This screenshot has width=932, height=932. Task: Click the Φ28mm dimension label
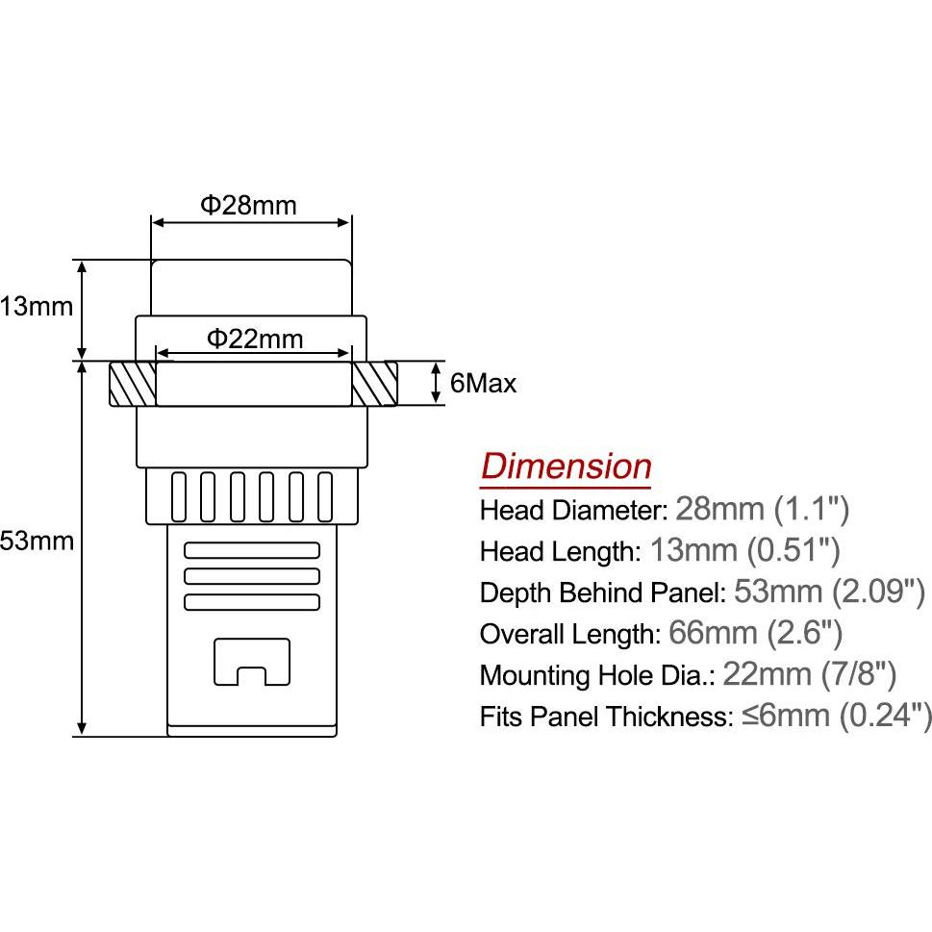248,205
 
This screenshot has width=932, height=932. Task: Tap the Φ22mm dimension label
255,339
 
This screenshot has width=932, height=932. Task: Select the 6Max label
483,384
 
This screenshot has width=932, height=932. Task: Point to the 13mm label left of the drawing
37,307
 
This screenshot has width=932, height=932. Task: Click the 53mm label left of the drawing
37,541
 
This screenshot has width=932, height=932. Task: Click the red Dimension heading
566,466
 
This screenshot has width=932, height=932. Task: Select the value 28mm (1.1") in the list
763,510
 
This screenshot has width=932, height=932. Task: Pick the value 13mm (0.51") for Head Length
745,550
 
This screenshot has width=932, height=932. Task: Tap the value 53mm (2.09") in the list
830,592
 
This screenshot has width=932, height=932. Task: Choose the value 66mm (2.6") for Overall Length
755,633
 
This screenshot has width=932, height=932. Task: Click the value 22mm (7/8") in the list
810,674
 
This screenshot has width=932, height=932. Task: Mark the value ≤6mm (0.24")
837,716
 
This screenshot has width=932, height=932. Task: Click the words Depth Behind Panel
602,592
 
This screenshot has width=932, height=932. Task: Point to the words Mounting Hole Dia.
596,675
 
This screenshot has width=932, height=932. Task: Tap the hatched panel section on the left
133,384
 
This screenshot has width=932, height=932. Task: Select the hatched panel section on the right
374,384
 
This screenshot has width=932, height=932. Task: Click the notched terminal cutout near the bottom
252,662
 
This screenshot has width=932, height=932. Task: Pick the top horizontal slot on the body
252,550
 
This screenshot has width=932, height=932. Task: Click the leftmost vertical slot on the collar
178,497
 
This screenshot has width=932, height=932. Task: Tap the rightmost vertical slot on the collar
325,497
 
